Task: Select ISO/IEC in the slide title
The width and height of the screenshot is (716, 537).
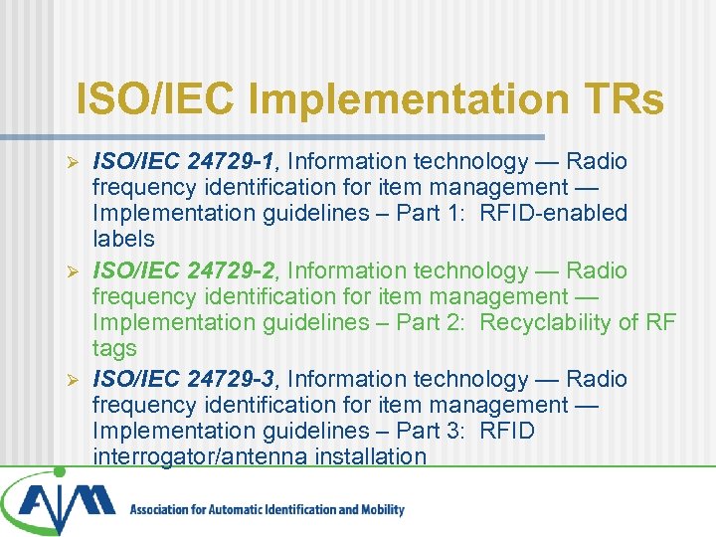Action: click(x=158, y=100)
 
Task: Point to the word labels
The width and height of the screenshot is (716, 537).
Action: click(x=123, y=239)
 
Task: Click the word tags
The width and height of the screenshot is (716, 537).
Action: click(x=114, y=348)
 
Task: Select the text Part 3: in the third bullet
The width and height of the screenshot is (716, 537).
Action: click(x=432, y=431)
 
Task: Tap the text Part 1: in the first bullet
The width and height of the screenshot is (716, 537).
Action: click(x=432, y=213)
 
